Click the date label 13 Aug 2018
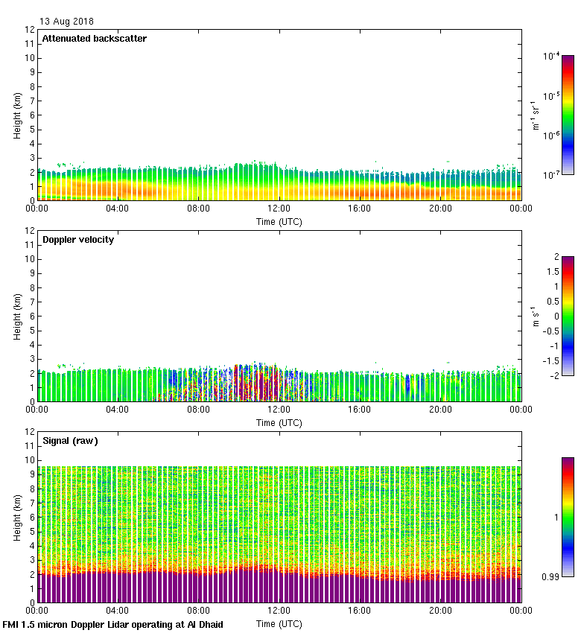(x=67, y=22)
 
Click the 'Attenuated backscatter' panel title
(x=94, y=39)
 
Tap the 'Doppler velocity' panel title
(x=78, y=240)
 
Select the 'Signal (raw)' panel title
(x=70, y=441)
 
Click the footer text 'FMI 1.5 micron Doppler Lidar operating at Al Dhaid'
(x=113, y=624)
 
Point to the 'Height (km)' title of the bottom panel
(x=16, y=517)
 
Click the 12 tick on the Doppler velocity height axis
(x=30, y=231)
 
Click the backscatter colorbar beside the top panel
(x=568, y=115)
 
